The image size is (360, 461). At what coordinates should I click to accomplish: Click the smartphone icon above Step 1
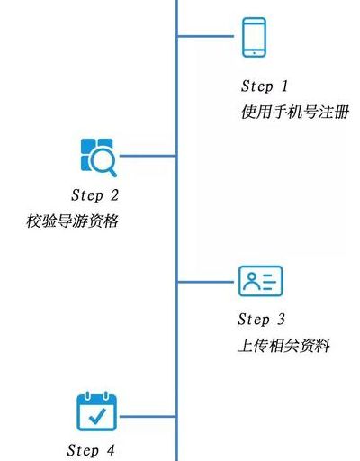pyautogui.click(x=254, y=37)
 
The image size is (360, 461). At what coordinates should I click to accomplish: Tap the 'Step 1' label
pyautogui.click(x=265, y=86)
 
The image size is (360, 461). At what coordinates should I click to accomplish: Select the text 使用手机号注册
pyautogui.click(x=295, y=113)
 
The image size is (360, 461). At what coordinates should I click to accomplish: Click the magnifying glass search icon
pyautogui.click(x=99, y=158)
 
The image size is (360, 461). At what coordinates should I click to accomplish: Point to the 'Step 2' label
pyautogui.click(x=95, y=195)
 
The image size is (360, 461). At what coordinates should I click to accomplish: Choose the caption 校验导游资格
pyautogui.click(x=72, y=221)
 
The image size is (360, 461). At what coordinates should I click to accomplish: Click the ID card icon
pyautogui.click(x=260, y=281)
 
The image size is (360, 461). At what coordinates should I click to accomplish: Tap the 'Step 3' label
pyautogui.click(x=261, y=320)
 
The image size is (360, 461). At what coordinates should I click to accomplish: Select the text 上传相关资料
pyautogui.click(x=283, y=346)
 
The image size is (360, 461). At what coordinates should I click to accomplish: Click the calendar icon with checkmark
pyautogui.click(x=96, y=411)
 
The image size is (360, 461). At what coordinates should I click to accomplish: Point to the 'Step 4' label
pyautogui.click(x=91, y=450)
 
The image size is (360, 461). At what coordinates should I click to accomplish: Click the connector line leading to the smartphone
pyautogui.click(x=206, y=36)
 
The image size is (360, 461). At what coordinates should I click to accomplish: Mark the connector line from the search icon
pyautogui.click(x=148, y=156)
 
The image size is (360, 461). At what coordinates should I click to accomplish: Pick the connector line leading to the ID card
pyautogui.click(x=206, y=282)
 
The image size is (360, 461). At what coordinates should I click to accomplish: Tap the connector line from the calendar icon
pyautogui.click(x=148, y=417)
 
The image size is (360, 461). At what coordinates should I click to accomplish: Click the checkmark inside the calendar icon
pyautogui.click(x=97, y=416)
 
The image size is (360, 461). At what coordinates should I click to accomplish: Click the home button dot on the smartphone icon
pyautogui.click(x=254, y=53)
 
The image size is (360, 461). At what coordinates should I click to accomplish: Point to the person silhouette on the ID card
pyautogui.click(x=251, y=281)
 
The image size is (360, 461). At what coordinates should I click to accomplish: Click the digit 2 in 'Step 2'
pyautogui.click(x=114, y=195)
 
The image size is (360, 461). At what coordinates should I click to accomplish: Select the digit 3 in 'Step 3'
pyautogui.click(x=281, y=320)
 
